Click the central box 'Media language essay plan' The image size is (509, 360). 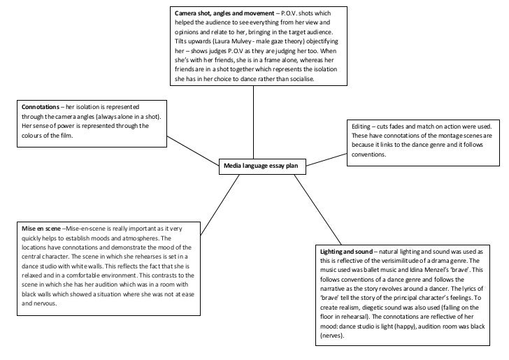point(260,165)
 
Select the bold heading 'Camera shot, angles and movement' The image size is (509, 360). point(216,13)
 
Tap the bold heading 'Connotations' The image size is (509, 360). point(41,106)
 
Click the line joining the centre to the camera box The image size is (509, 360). point(252,122)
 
